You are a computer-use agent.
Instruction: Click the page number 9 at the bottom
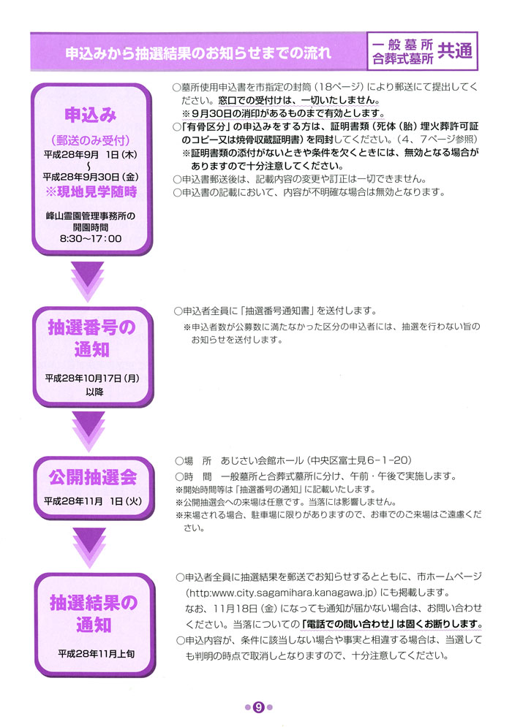point(258,707)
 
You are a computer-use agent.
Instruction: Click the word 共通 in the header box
point(454,51)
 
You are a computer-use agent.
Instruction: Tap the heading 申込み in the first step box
point(91,115)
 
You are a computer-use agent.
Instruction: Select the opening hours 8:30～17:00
point(91,239)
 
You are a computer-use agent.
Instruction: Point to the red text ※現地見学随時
point(91,191)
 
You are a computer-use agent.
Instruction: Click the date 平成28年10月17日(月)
point(92,378)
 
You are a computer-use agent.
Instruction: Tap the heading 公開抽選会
point(93,477)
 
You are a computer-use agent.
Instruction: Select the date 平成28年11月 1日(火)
point(93,501)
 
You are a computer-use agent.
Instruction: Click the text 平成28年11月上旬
point(96,654)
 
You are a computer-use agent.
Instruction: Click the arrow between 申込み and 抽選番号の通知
point(88,280)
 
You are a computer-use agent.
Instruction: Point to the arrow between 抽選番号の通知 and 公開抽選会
point(89,431)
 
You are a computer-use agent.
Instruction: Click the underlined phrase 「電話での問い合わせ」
point(348,624)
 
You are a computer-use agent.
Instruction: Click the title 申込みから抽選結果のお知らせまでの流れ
point(198,53)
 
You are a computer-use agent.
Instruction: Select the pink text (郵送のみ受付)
point(91,140)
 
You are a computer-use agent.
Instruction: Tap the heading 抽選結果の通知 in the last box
point(94,614)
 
